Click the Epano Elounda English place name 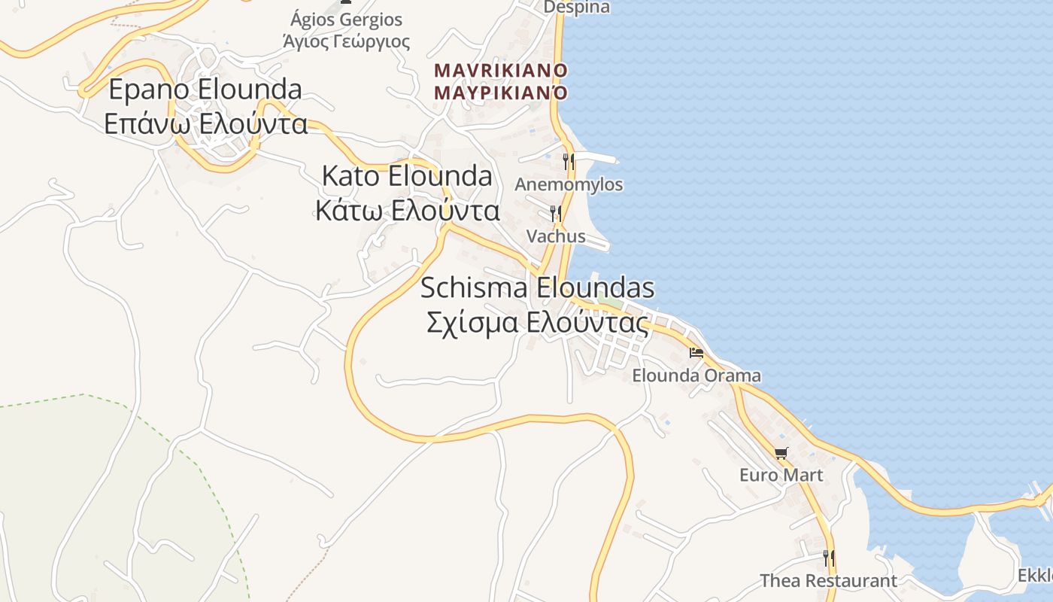pyautogui.click(x=205, y=90)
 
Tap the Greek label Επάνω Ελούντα pyautogui.click(x=205, y=124)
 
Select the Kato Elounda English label pyautogui.click(x=407, y=176)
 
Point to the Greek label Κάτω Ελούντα pyautogui.click(x=407, y=211)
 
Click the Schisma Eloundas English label pyautogui.click(x=537, y=288)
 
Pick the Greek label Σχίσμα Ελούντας pyautogui.click(x=537, y=323)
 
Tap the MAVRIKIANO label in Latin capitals pyautogui.click(x=500, y=70)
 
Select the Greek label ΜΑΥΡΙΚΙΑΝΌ pyautogui.click(x=500, y=93)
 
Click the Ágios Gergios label pyautogui.click(x=347, y=20)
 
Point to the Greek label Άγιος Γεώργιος pyautogui.click(x=347, y=41)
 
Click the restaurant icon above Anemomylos pyautogui.click(x=569, y=161)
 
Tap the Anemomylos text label pyautogui.click(x=569, y=184)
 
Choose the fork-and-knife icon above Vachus pyautogui.click(x=556, y=214)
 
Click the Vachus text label pyautogui.click(x=556, y=236)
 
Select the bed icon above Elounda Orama pyautogui.click(x=696, y=352)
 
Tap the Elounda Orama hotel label pyautogui.click(x=696, y=375)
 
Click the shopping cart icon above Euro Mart pyautogui.click(x=781, y=453)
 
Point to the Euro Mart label pyautogui.click(x=781, y=476)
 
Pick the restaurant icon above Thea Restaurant pyautogui.click(x=828, y=558)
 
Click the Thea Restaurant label pyautogui.click(x=828, y=581)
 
